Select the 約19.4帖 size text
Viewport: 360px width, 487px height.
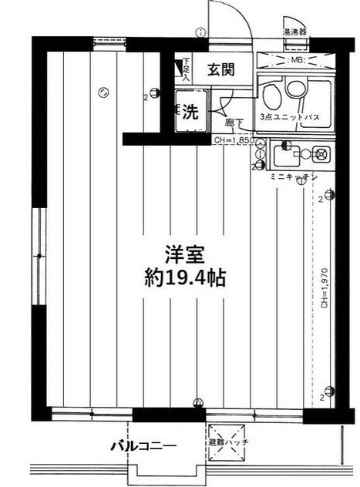pyautogui.click(x=184, y=278)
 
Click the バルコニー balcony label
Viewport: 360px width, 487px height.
pyautogui.click(x=143, y=445)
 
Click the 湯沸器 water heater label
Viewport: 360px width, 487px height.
pyautogui.click(x=294, y=33)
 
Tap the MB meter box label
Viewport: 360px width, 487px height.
pyautogui.click(x=294, y=59)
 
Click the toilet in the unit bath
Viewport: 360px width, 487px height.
pyautogui.click(x=271, y=97)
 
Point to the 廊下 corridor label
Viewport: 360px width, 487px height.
pyautogui.click(x=234, y=122)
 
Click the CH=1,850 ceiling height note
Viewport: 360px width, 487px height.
pyautogui.click(x=232, y=140)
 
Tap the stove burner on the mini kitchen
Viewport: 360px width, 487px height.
pyautogui.click(x=318, y=155)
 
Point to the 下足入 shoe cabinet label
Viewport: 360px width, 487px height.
pyautogui.click(x=186, y=69)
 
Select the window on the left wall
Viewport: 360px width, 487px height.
pyautogui.click(x=36, y=255)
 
